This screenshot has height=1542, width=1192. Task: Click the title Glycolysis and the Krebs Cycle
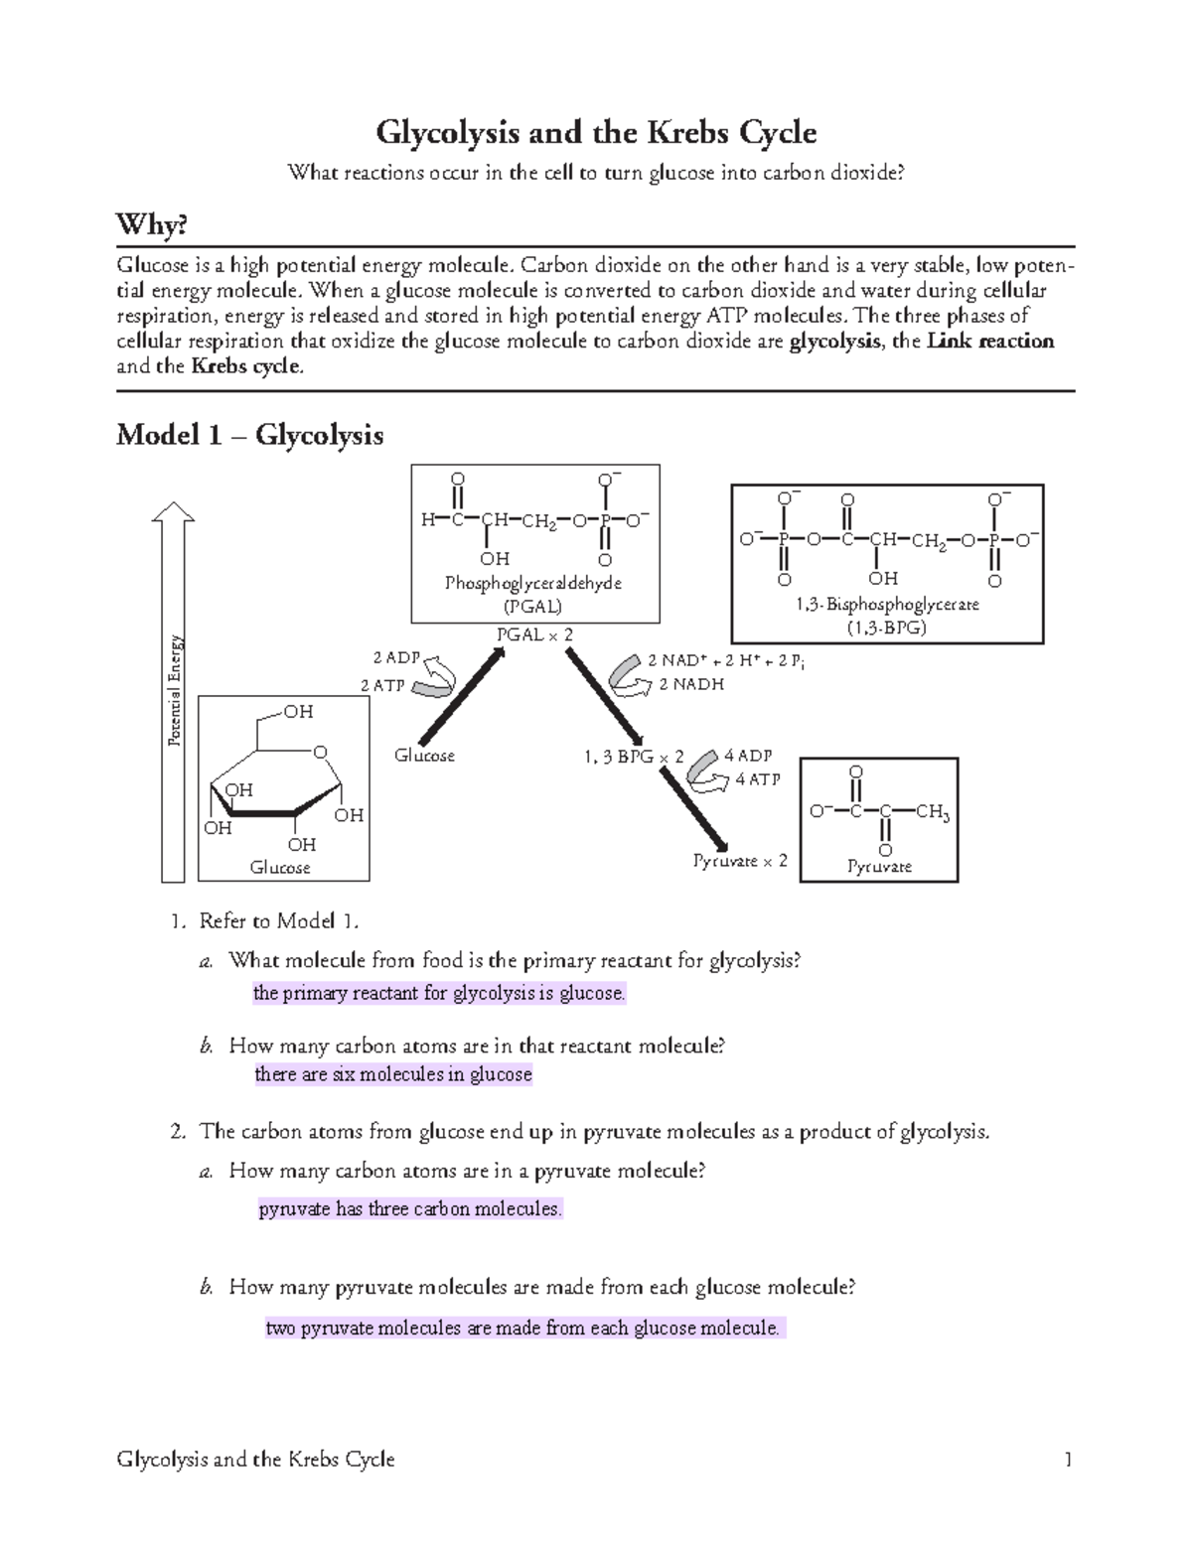point(595,132)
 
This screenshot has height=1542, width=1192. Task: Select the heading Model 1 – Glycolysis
point(249,435)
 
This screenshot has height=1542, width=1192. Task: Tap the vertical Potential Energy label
point(176,691)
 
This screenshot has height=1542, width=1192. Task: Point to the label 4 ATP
point(758,779)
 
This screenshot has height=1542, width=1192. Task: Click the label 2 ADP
point(396,657)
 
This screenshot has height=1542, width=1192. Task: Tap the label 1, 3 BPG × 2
point(635,757)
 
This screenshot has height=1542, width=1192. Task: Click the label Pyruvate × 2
point(740,861)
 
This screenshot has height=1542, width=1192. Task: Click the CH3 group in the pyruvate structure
point(933,813)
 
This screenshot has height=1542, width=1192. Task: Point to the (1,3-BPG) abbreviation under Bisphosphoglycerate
point(886,627)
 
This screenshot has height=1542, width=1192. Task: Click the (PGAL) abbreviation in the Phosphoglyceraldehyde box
point(533,605)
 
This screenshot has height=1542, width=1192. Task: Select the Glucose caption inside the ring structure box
point(280,867)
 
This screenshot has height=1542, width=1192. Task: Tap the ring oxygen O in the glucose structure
point(320,753)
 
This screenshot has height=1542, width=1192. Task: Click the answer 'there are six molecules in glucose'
point(393,1074)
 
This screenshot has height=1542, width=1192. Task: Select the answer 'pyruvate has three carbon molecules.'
point(410,1209)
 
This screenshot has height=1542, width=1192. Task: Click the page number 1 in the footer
point(1068,1459)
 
